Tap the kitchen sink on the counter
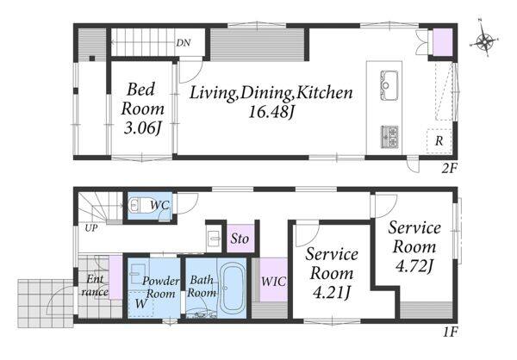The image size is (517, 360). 389,84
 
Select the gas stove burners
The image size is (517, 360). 390,136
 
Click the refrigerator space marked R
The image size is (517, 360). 439,141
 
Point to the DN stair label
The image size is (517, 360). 183,43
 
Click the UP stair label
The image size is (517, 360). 90,228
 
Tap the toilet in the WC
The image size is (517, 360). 138,205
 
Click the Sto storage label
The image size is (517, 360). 240,239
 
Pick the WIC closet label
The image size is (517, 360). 273,282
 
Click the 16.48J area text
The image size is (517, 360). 271,113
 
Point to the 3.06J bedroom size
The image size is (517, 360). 142,128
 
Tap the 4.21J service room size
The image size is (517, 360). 331,293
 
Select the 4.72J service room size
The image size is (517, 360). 414,266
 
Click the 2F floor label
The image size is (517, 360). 449,169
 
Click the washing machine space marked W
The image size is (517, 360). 140,304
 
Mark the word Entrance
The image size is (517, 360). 96,286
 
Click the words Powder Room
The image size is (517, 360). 160,287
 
